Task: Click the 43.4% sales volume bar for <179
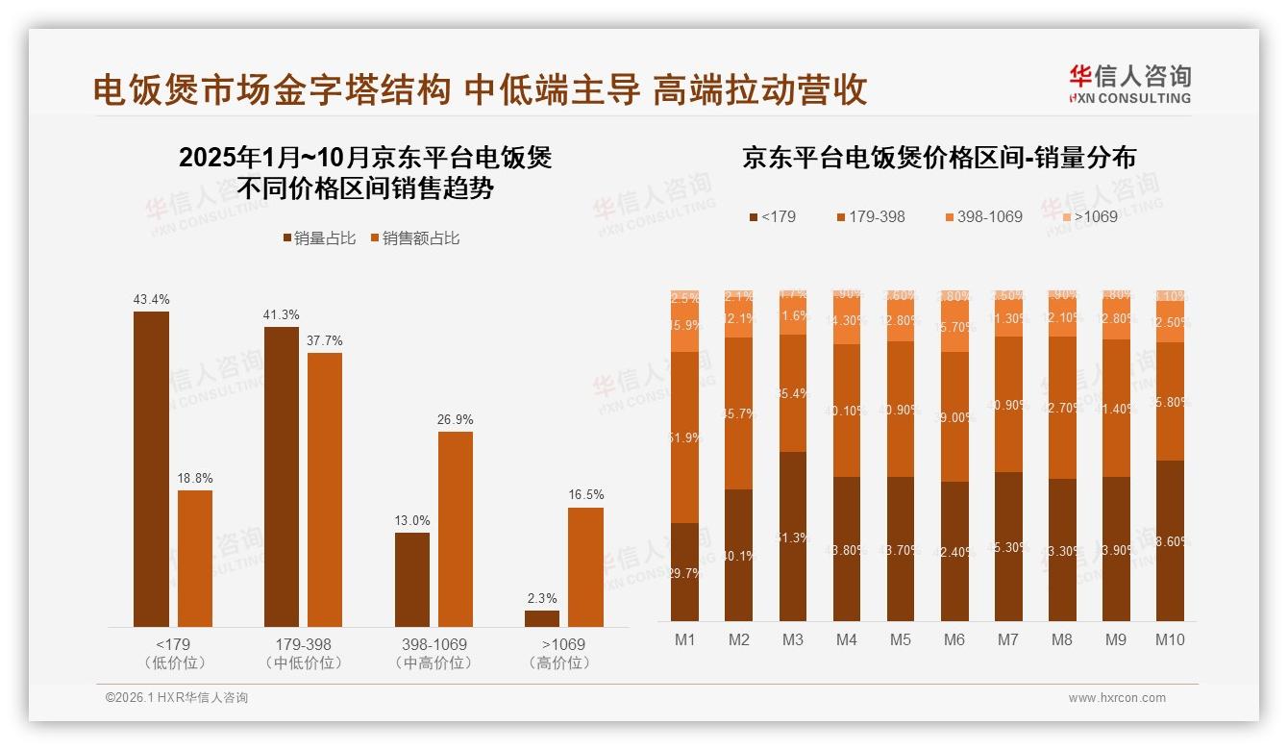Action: point(151,469)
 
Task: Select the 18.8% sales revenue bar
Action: point(195,559)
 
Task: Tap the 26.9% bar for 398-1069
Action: point(456,529)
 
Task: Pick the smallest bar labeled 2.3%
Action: point(542,618)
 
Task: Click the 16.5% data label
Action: point(585,494)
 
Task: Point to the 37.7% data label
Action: point(325,340)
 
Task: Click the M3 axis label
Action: point(792,639)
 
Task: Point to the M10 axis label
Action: point(1169,639)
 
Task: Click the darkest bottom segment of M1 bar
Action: point(684,572)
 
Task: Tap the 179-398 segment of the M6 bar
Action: point(954,416)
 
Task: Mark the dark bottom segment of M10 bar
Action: point(1169,540)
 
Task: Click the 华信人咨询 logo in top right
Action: point(1129,84)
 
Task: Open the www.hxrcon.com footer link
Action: point(1117,698)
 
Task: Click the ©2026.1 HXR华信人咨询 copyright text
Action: point(176,698)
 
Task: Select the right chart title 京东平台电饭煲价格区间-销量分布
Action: point(938,158)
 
